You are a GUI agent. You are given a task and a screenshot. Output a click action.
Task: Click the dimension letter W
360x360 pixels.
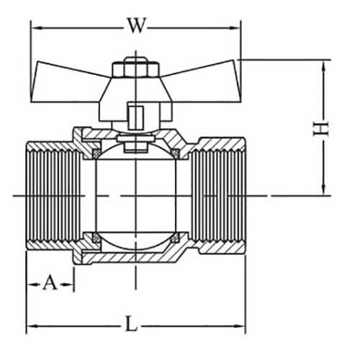[x=136, y=25]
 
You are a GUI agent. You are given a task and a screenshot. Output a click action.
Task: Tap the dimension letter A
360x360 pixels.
[x=50, y=282]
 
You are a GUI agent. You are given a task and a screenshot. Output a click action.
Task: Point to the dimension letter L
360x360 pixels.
[x=130, y=323]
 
